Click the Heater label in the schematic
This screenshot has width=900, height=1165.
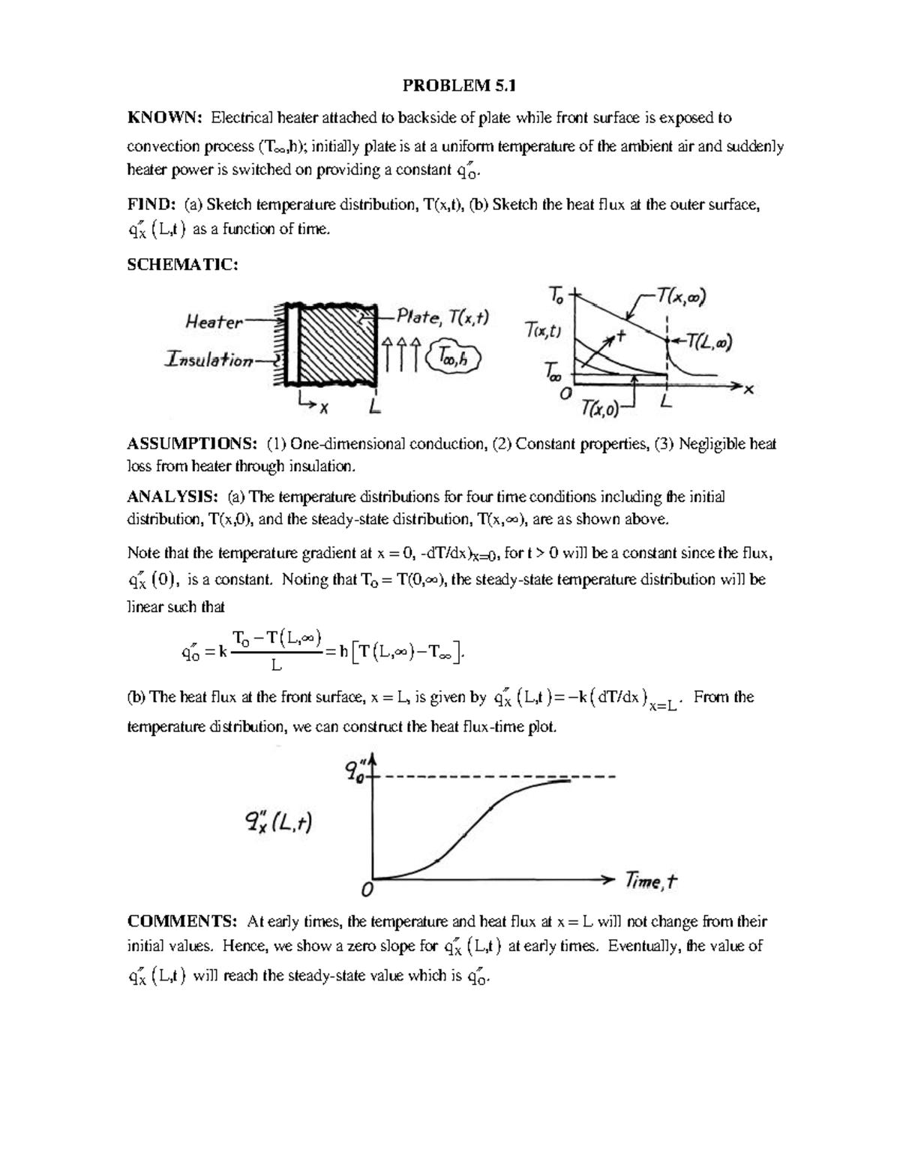pyautogui.click(x=214, y=323)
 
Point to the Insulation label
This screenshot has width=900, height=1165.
pyautogui.click(x=208, y=360)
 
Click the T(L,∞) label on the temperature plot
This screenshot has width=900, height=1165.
pyautogui.click(x=705, y=343)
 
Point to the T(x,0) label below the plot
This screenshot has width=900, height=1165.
pyautogui.click(x=601, y=410)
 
